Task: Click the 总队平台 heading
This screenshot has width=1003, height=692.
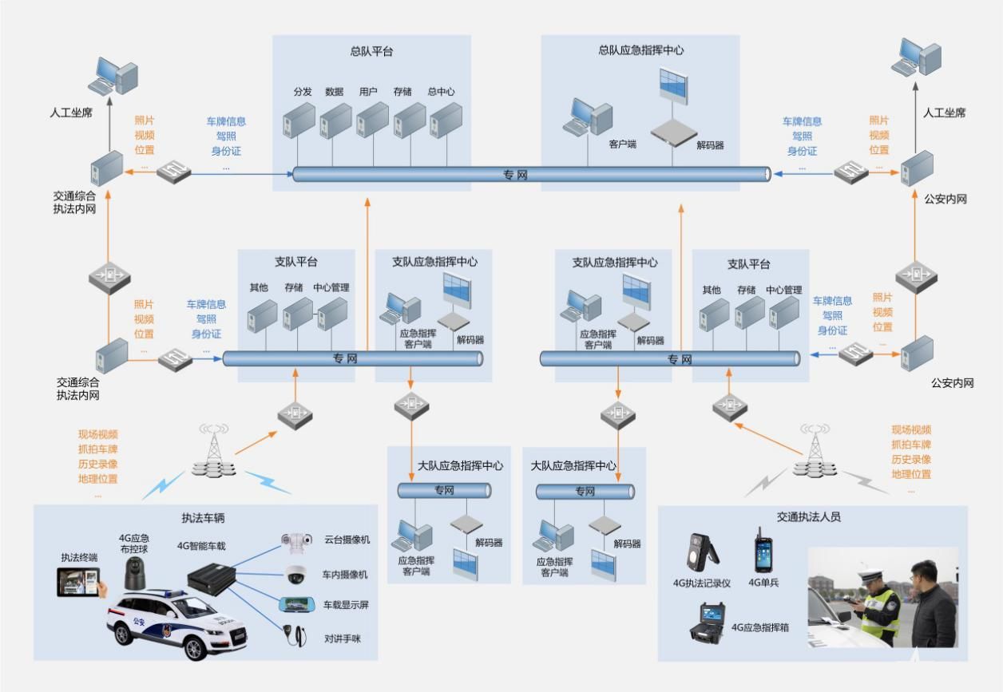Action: point(371,52)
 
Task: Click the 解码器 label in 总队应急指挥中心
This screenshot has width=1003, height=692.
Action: point(710,145)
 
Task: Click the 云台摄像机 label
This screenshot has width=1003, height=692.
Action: point(347,540)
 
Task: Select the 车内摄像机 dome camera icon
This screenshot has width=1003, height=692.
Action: point(296,573)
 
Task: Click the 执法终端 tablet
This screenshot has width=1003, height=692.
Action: point(82,582)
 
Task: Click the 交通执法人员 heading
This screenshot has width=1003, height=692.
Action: point(808,517)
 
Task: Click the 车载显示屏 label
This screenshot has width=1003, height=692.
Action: point(346,605)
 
